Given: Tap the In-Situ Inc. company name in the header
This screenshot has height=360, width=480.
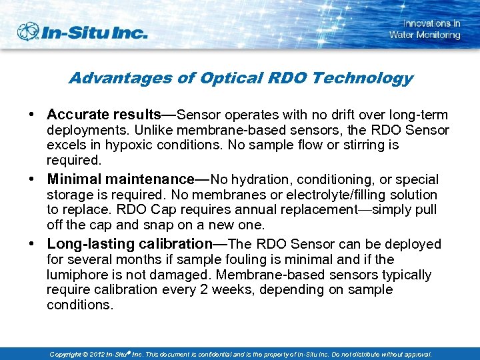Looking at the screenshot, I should [x=93, y=32].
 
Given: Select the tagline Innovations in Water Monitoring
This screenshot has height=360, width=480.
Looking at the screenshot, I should [x=425, y=29].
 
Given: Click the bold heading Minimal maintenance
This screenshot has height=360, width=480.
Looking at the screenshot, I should [x=120, y=179].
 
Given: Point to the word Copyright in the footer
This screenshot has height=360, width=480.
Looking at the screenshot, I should [x=68, y=354].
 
